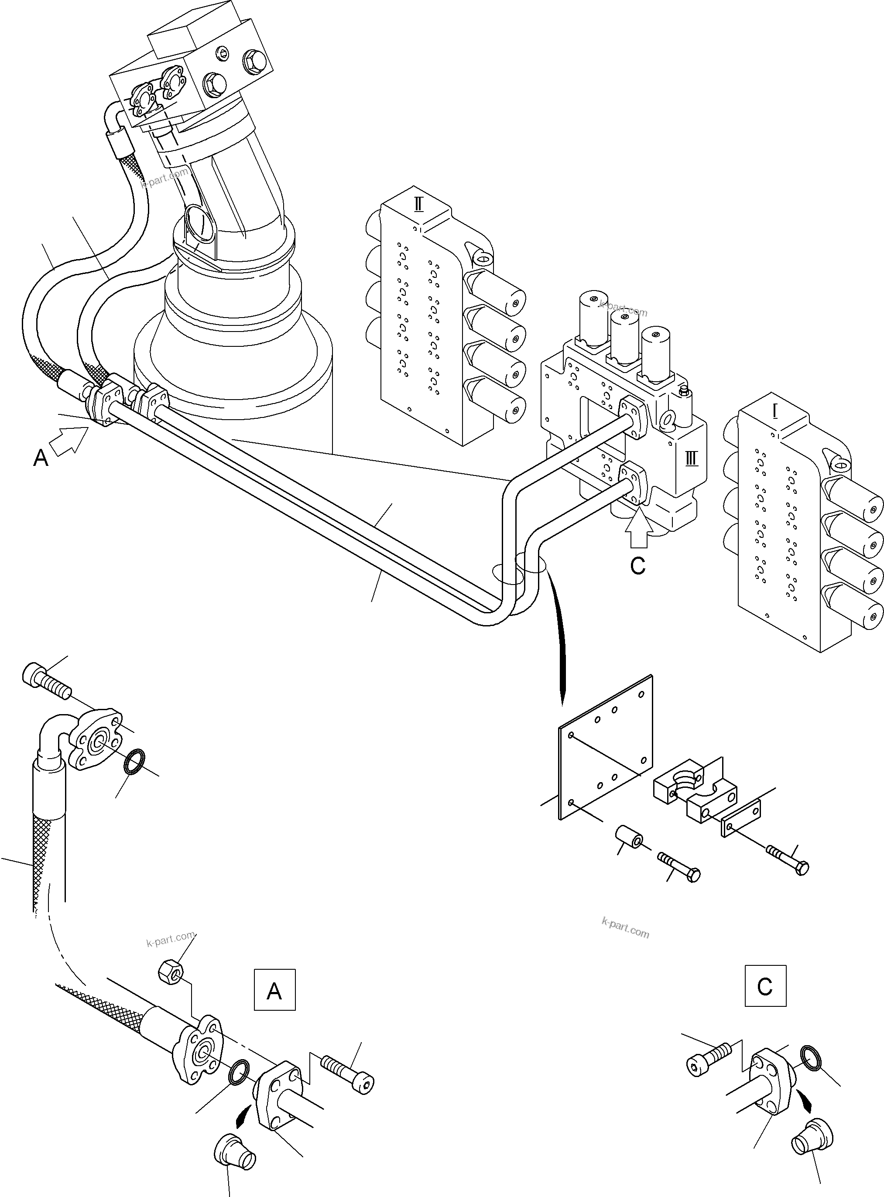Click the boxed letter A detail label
click(274, 989)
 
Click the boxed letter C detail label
click(765, 986)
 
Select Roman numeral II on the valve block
click(418, 204)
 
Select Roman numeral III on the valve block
click(691, 458)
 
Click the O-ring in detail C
click(811, 1059)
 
